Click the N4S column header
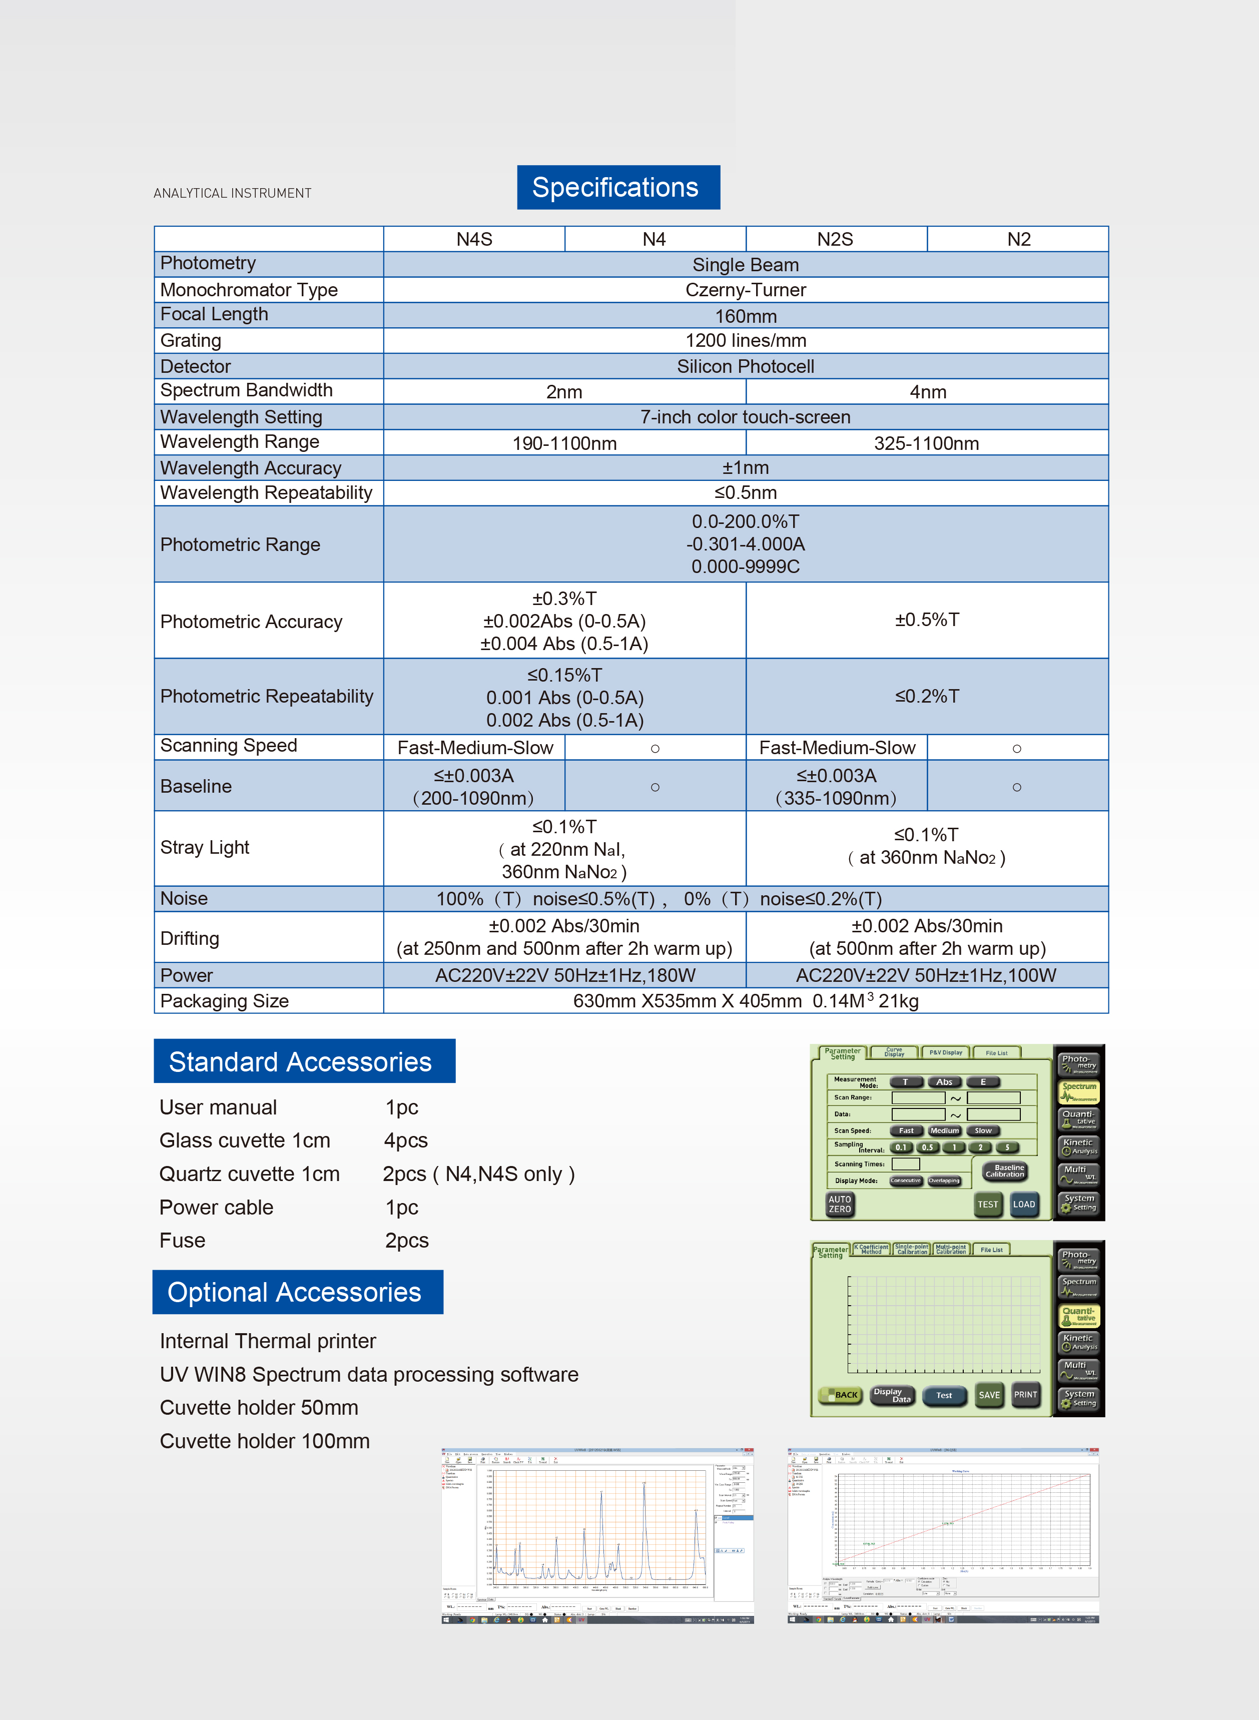click(474, 239)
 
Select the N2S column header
click(835, 239)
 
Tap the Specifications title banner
click(617, 188)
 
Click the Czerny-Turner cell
click(745, 290)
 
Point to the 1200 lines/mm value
click(745, 341)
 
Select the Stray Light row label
click(205, 847)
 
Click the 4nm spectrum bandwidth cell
click(927, 392)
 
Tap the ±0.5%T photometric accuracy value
click(927, 620)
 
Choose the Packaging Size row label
click(225, 1000)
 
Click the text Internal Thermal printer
click(268, 1341)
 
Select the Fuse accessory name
click(182, 1241)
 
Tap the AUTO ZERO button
click(840, 1204)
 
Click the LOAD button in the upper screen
click(1023, 1204)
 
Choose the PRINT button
click(1025, 1395)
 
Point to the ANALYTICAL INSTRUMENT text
click(233, 193)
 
